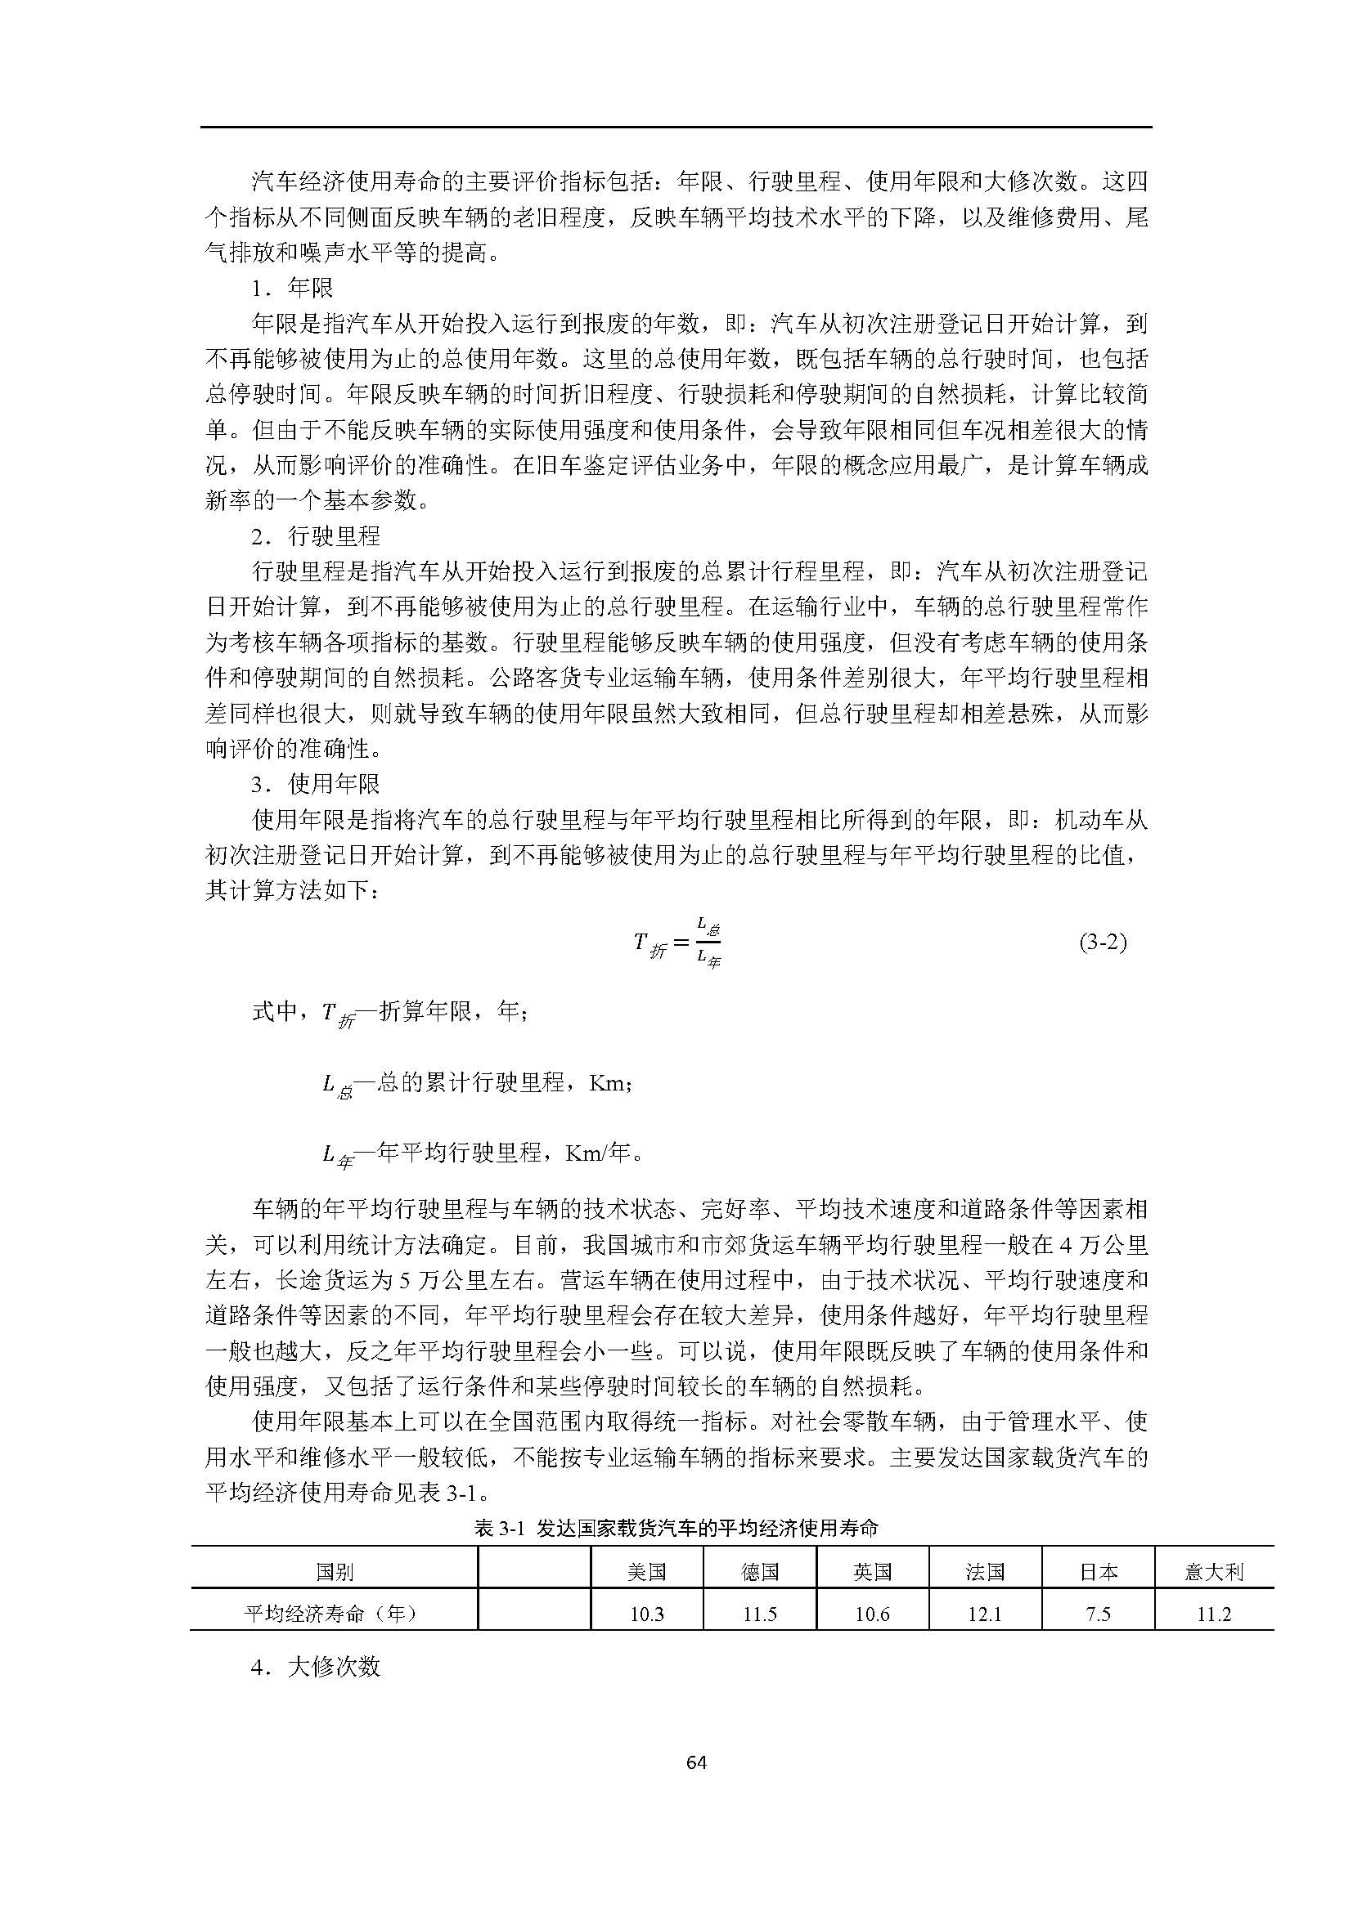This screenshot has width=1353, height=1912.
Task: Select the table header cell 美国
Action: (x=646, y=1571)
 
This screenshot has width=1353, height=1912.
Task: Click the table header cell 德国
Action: (x=760, y=1571)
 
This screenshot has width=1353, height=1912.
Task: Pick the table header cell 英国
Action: (x=872, y=1571)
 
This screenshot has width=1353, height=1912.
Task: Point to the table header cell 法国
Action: (x=985, y=1571)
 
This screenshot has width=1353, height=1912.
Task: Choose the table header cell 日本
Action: (x=1098, y=1571)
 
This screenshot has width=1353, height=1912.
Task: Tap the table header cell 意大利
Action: (x=1214, y=1571)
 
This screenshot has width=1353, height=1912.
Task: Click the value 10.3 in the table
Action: (x=646, y=1614)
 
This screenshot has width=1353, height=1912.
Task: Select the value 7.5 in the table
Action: (x=1098, y=1614)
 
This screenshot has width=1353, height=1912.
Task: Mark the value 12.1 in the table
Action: (x=985, y=1614)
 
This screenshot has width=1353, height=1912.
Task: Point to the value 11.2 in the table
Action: (x=1214, y=1614)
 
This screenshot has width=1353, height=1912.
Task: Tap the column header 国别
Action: (x=334, y=1571)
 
